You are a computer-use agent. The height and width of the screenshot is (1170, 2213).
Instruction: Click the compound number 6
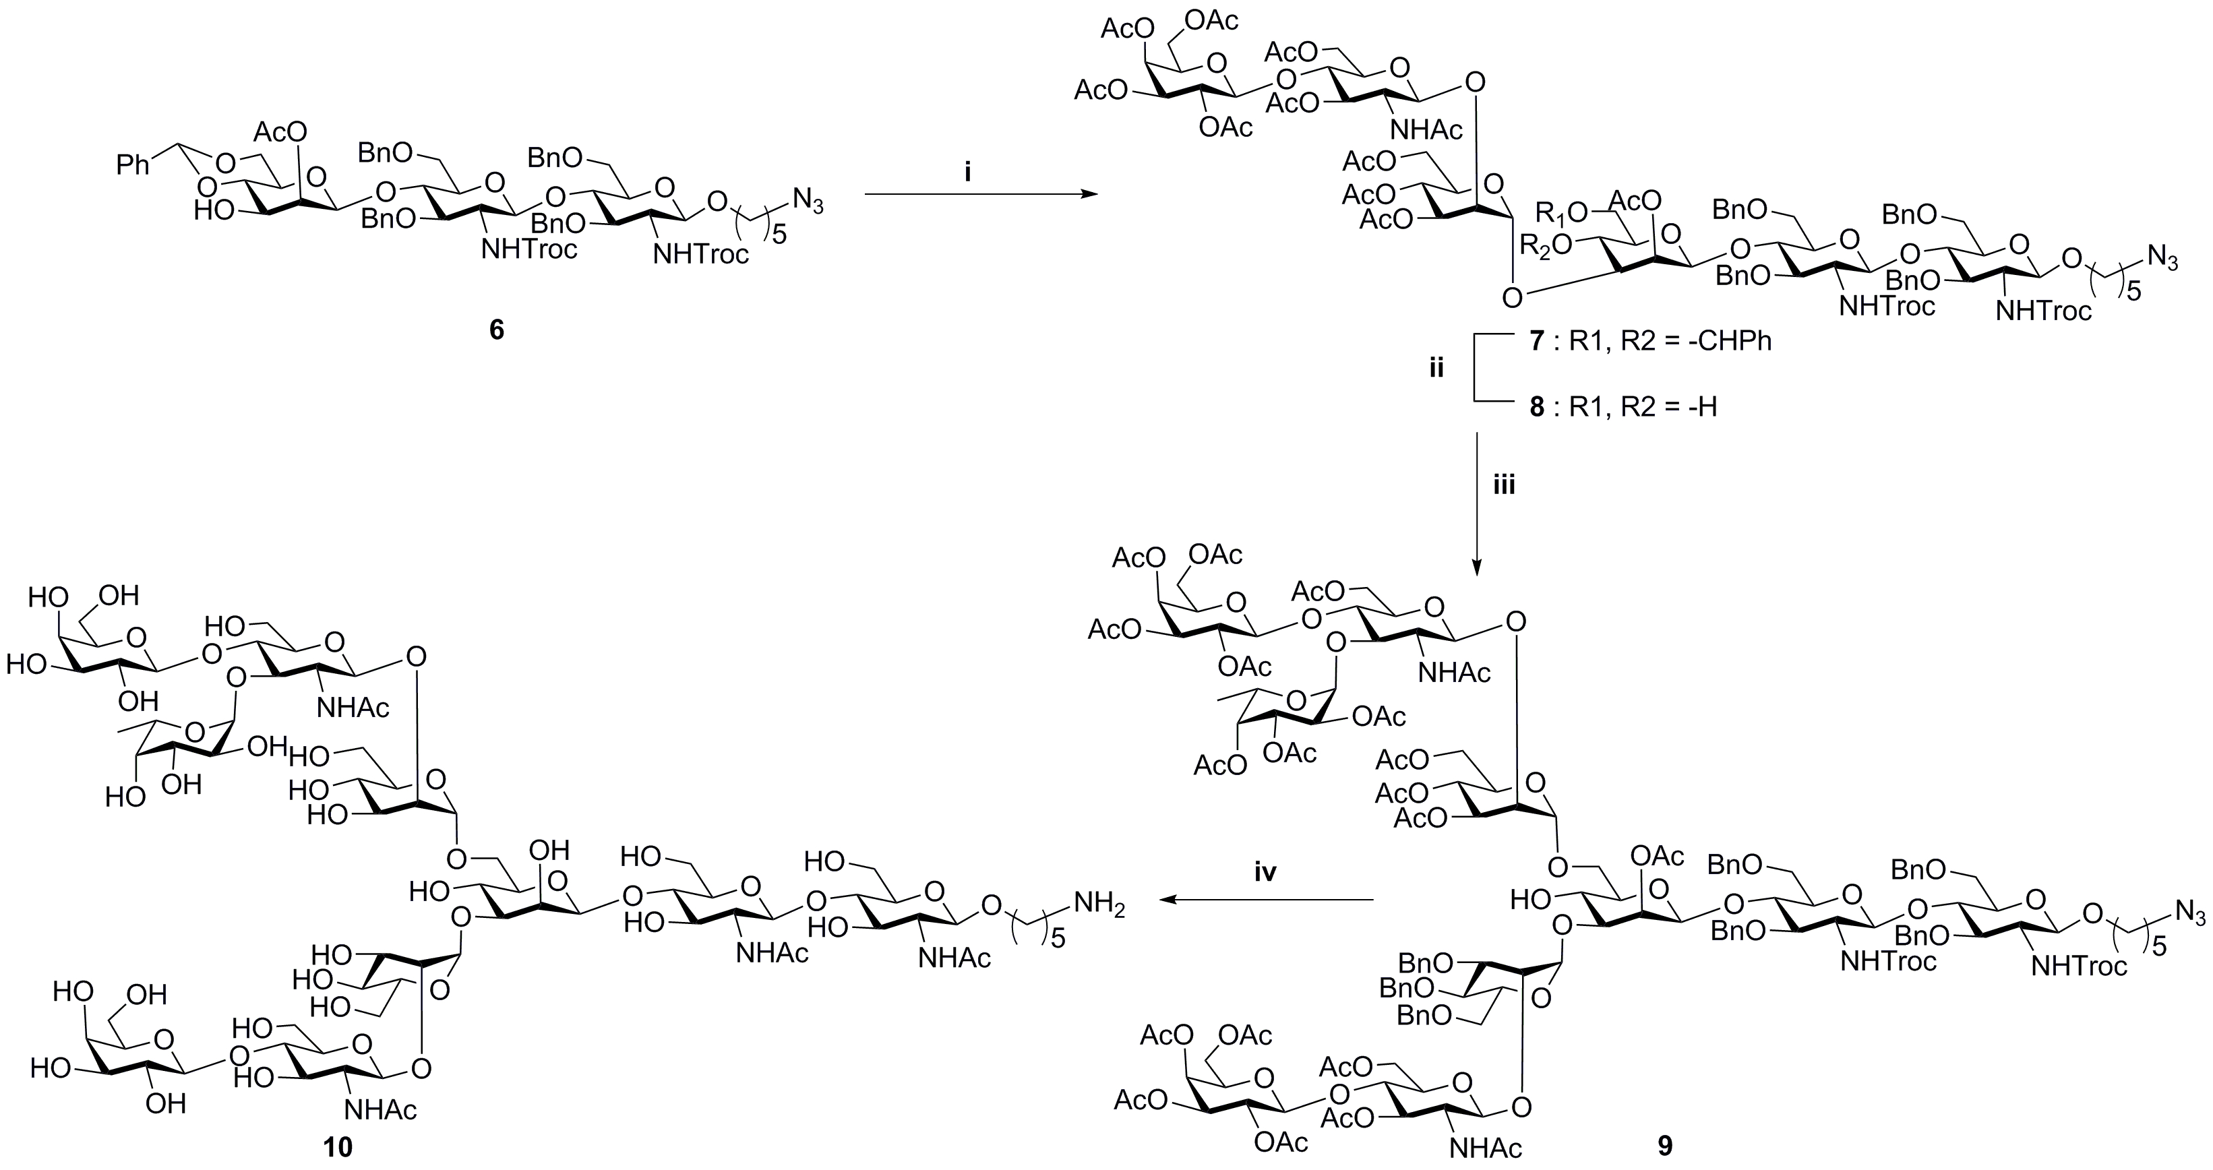497,330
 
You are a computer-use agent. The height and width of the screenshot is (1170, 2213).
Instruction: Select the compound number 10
338,1146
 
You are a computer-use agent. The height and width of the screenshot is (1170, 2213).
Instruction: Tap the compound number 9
1665,1146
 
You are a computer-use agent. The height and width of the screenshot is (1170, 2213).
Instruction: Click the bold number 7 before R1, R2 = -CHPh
1537,341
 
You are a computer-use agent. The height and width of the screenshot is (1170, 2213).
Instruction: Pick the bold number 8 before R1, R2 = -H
1537,406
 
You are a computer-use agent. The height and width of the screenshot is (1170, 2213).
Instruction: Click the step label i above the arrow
967,173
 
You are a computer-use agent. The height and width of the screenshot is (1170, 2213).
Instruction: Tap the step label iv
1265,873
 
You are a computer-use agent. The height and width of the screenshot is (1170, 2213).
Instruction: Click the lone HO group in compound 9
1531,900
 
